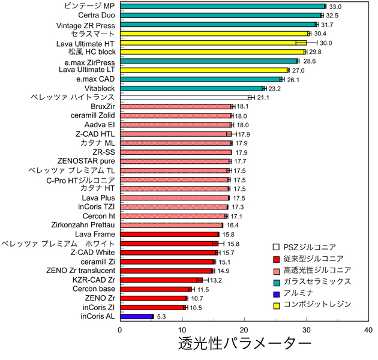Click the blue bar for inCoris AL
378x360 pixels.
[x=137, y=316]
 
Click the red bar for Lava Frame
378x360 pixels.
[x=169, y=234]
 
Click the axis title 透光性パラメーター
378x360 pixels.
[x=244, y=346]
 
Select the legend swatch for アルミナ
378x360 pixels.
[x=277, y=293]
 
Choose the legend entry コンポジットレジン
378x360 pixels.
[x=317, y=305]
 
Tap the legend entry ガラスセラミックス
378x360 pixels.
[x=317, y=281]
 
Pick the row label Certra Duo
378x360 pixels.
[x=94, y=15]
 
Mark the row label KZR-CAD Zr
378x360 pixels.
[x=94, y=280]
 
